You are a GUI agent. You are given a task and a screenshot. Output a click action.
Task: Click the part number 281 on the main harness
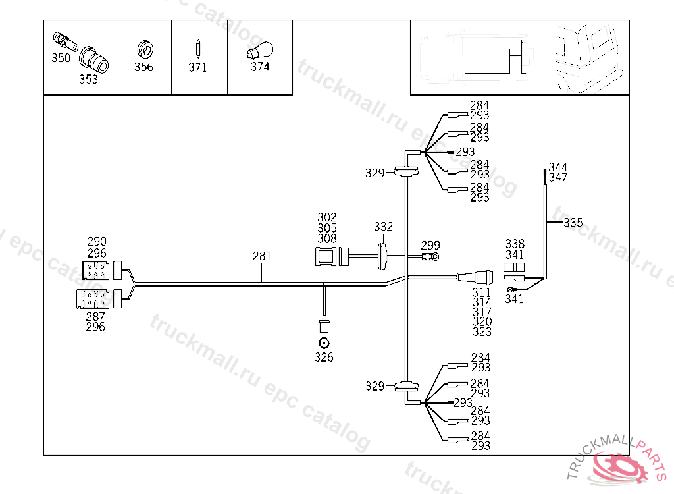pyautogui.click(x=262, y=256)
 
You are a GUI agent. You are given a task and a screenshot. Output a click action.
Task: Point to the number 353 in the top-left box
pyautogui.click(x=88, y=80)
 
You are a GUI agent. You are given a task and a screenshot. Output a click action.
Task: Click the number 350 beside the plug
pyautogui.click(x=61, y=58)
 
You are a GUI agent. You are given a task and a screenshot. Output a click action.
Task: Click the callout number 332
pyautogui.click(x=384, y=227)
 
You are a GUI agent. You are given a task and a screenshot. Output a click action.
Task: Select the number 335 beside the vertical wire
pyautogui.click(x=573, y=223)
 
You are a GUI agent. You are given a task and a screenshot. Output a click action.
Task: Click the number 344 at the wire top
pyautogui.click(x=557, y=167)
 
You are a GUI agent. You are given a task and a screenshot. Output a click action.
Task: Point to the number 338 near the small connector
pyautogui.click(x=515, y=244)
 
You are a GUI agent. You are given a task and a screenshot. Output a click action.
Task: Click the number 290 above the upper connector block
pyautogui.click(x=97, y=242)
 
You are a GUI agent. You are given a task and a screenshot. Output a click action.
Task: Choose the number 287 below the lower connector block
pyautogui.click(x=95, y=317)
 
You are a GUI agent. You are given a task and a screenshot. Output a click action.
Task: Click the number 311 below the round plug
pyautogui.click(x=482, y=292)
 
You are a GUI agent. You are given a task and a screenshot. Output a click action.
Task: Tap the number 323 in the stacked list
pyautogui.click(x=482, y=332)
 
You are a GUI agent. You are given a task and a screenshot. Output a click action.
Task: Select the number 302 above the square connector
pyautogui.click(x=326, y=217)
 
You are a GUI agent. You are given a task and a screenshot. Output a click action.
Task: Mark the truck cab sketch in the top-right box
pyautogui.click(x=588, y=57)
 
